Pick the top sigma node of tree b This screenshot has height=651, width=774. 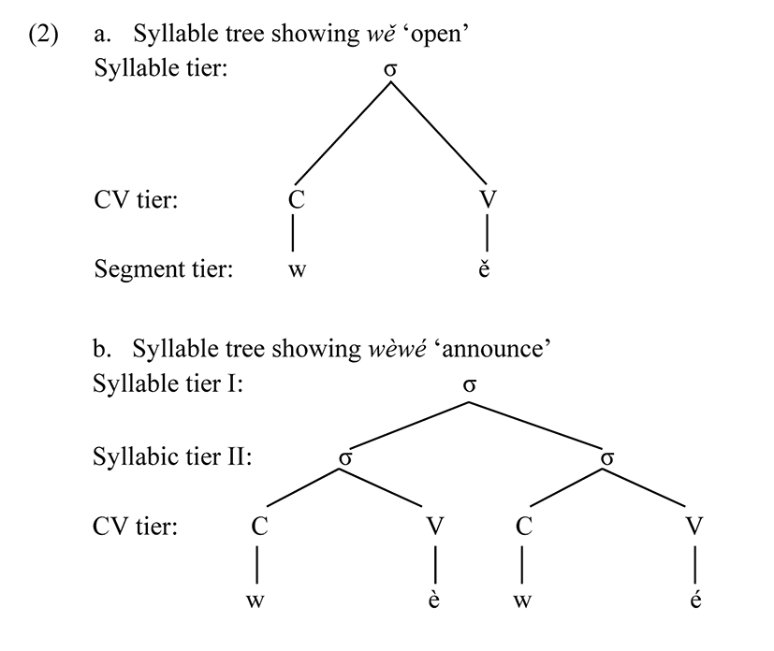[x=470, y=384]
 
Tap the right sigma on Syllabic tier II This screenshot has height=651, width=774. [x=607, y=457]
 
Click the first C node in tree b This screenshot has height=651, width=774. [x=259, y=527]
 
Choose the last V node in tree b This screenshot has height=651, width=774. [x=694, y=527]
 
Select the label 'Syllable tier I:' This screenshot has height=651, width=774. [x=168, y=384]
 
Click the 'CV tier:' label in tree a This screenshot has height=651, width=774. [x=136, y=199]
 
